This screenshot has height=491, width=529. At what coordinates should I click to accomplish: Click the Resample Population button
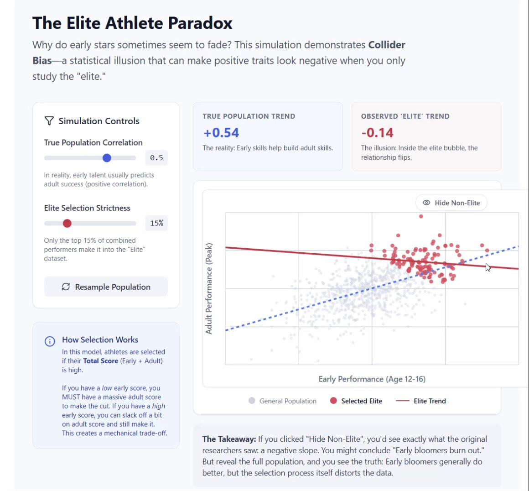coord(106,287)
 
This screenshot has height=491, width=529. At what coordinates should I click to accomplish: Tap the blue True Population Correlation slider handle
coord(107,158)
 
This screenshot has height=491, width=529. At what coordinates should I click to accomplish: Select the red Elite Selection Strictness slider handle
coord(67,223)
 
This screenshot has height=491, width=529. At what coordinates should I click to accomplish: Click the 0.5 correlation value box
coord(156,158)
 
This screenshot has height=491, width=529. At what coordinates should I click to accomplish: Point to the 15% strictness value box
coord(156,223)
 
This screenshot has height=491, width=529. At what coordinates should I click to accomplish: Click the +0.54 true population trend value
coord(221,133)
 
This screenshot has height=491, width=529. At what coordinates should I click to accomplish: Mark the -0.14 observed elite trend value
coord(377,133)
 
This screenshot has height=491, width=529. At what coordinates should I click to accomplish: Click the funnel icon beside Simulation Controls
coord(49,121)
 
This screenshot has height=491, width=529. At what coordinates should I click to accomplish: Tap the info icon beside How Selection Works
coord(50,341)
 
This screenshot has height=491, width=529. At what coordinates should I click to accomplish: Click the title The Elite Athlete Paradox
coord(132,23)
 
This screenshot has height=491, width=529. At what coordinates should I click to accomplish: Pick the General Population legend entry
coord(283,401)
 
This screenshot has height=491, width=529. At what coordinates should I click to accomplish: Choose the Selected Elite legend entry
coord(356,401)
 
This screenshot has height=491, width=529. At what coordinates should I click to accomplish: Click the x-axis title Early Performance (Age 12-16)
coord(372,379)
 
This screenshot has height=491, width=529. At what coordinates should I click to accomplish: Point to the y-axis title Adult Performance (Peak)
coord(209,288)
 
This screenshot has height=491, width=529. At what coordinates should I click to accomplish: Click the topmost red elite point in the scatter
coord(421,216)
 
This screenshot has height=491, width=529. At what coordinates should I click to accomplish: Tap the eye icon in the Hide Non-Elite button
coord(426,203)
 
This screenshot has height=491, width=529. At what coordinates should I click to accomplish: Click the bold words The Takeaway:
coord(229,439)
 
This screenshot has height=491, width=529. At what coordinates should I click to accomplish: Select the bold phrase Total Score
coord(100,361)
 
